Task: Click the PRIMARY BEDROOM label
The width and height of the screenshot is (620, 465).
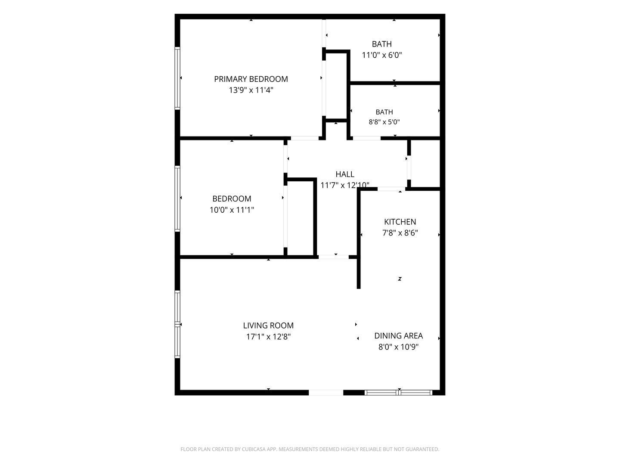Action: point(251,79)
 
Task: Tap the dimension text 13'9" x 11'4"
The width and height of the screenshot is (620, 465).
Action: point(251,90)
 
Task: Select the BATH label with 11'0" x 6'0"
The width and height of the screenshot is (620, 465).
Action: point(381,44)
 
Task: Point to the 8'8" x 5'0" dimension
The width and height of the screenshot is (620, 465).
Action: point(384,122)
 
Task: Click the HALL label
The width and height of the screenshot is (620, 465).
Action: point(345,174)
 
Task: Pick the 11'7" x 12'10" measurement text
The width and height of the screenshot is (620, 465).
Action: point(345,185)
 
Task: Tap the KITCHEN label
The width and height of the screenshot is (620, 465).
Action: point(400,222)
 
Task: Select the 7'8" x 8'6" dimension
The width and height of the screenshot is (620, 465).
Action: point(400,233)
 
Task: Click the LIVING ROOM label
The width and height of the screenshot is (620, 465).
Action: point(268,325)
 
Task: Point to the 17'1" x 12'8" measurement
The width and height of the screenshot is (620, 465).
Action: point(268,337)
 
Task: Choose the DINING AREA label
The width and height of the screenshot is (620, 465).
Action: point(398,336)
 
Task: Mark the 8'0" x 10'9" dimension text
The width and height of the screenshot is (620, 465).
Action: point(398,347)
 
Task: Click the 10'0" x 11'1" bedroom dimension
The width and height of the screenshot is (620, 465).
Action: point(232,210)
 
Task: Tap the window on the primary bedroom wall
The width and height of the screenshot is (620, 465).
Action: point(177,78)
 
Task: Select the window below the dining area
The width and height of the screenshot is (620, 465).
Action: point(398,392)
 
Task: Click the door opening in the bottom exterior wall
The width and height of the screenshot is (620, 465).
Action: point(326,392)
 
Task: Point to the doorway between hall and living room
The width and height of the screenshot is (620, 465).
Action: point(334,257)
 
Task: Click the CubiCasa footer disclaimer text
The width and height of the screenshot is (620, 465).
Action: point(310,449)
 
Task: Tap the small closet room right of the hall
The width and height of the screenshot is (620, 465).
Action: point(425,164)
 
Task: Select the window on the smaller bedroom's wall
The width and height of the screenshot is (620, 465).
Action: point(177,199)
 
